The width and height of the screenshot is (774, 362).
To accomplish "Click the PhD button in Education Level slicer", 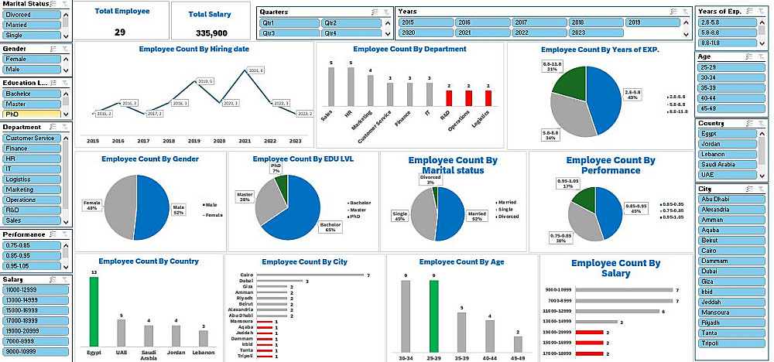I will tap(32, 114).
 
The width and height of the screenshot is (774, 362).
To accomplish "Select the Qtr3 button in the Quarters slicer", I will tap(289, 33).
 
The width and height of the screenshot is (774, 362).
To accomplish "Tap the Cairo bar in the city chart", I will tap(310, 275).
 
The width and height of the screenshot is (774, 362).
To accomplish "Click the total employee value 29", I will tap(120, 32).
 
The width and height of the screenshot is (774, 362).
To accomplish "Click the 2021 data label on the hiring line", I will tap(256, 70).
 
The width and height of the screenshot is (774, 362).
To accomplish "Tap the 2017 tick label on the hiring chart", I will tap(143, 142).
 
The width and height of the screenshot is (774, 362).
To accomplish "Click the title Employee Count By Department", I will tap(409, 49).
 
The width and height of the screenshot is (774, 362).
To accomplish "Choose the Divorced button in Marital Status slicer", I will tap(32, 15).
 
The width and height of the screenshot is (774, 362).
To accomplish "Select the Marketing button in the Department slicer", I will tap(32, 190).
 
